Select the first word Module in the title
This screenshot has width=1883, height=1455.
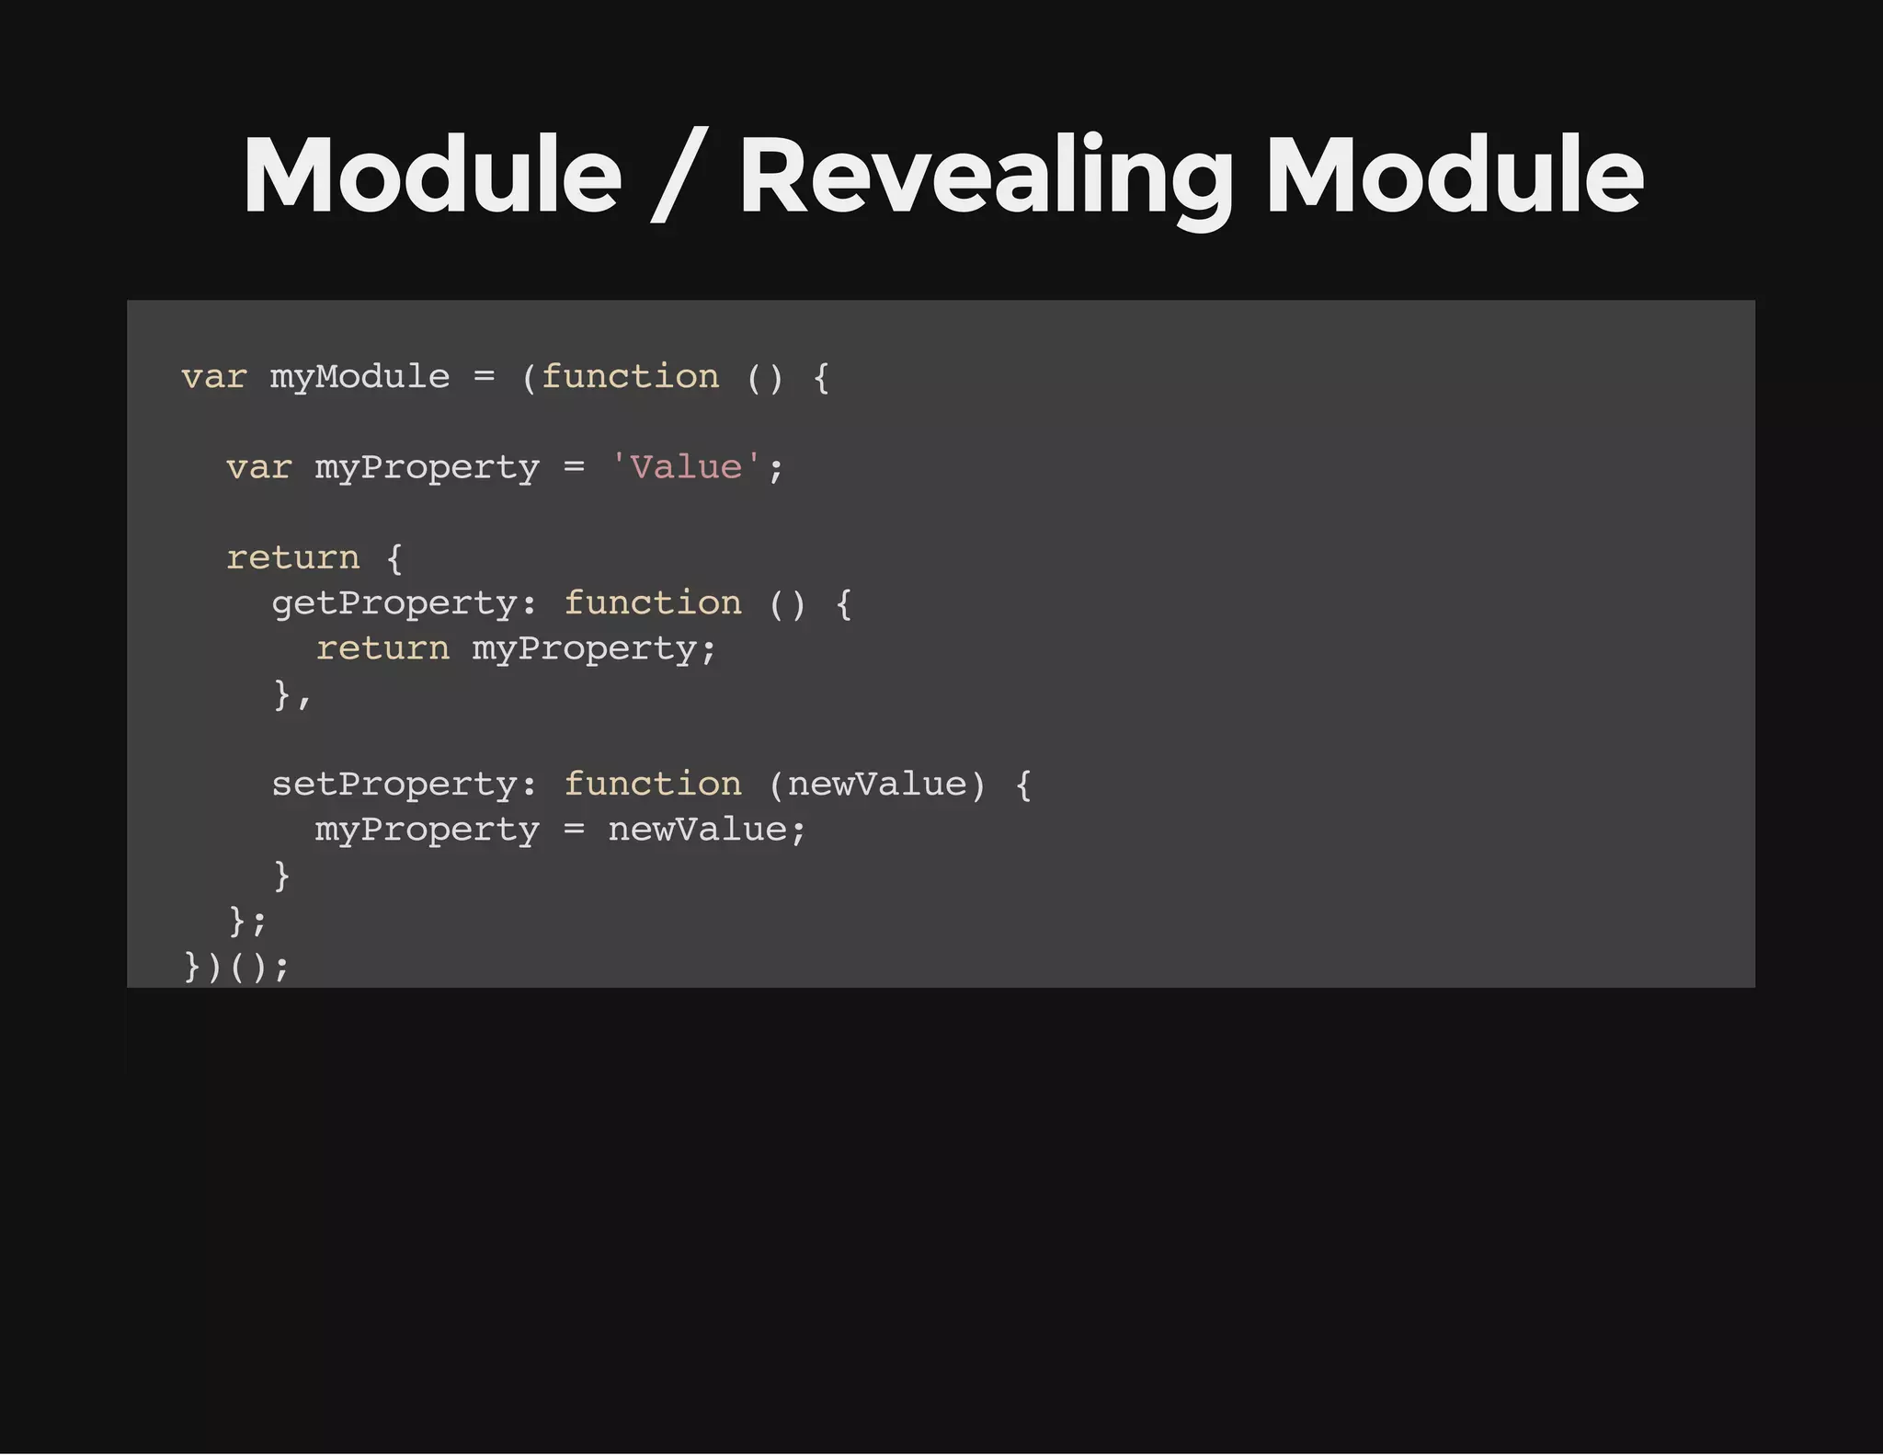point(432,177)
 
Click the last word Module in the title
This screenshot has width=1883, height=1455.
point(1455,177)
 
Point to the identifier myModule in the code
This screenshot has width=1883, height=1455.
point(359,377)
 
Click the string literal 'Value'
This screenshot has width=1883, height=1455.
point(686,467)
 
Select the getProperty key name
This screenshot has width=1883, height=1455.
point(394,603)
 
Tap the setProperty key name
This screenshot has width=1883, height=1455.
point(394,785)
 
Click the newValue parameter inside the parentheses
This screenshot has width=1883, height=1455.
point(877,785)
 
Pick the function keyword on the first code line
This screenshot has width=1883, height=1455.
point(630,377)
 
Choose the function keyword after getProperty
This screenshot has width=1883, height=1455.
point(652,603)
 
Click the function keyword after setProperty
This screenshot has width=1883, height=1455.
point(652,785)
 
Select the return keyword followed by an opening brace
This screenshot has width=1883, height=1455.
point(292,558)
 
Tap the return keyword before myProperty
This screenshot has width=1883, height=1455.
point(382,648)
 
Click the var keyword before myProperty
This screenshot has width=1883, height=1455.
point(258,467)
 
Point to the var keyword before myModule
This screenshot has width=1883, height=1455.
point(213,377)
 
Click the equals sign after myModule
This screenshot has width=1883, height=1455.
point(484,377)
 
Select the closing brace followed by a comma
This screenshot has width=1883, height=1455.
point(282,694)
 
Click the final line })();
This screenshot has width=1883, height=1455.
point(236,966)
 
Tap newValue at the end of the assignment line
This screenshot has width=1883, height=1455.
point(697,830)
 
